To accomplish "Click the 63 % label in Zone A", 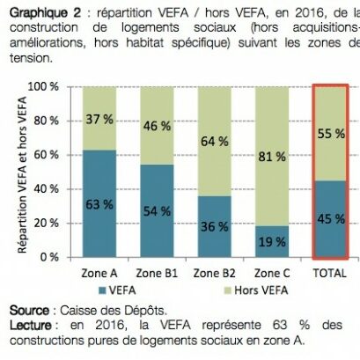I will click(99, 203).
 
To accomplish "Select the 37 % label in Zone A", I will click(99, 119).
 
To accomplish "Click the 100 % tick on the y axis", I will click(54, 87).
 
